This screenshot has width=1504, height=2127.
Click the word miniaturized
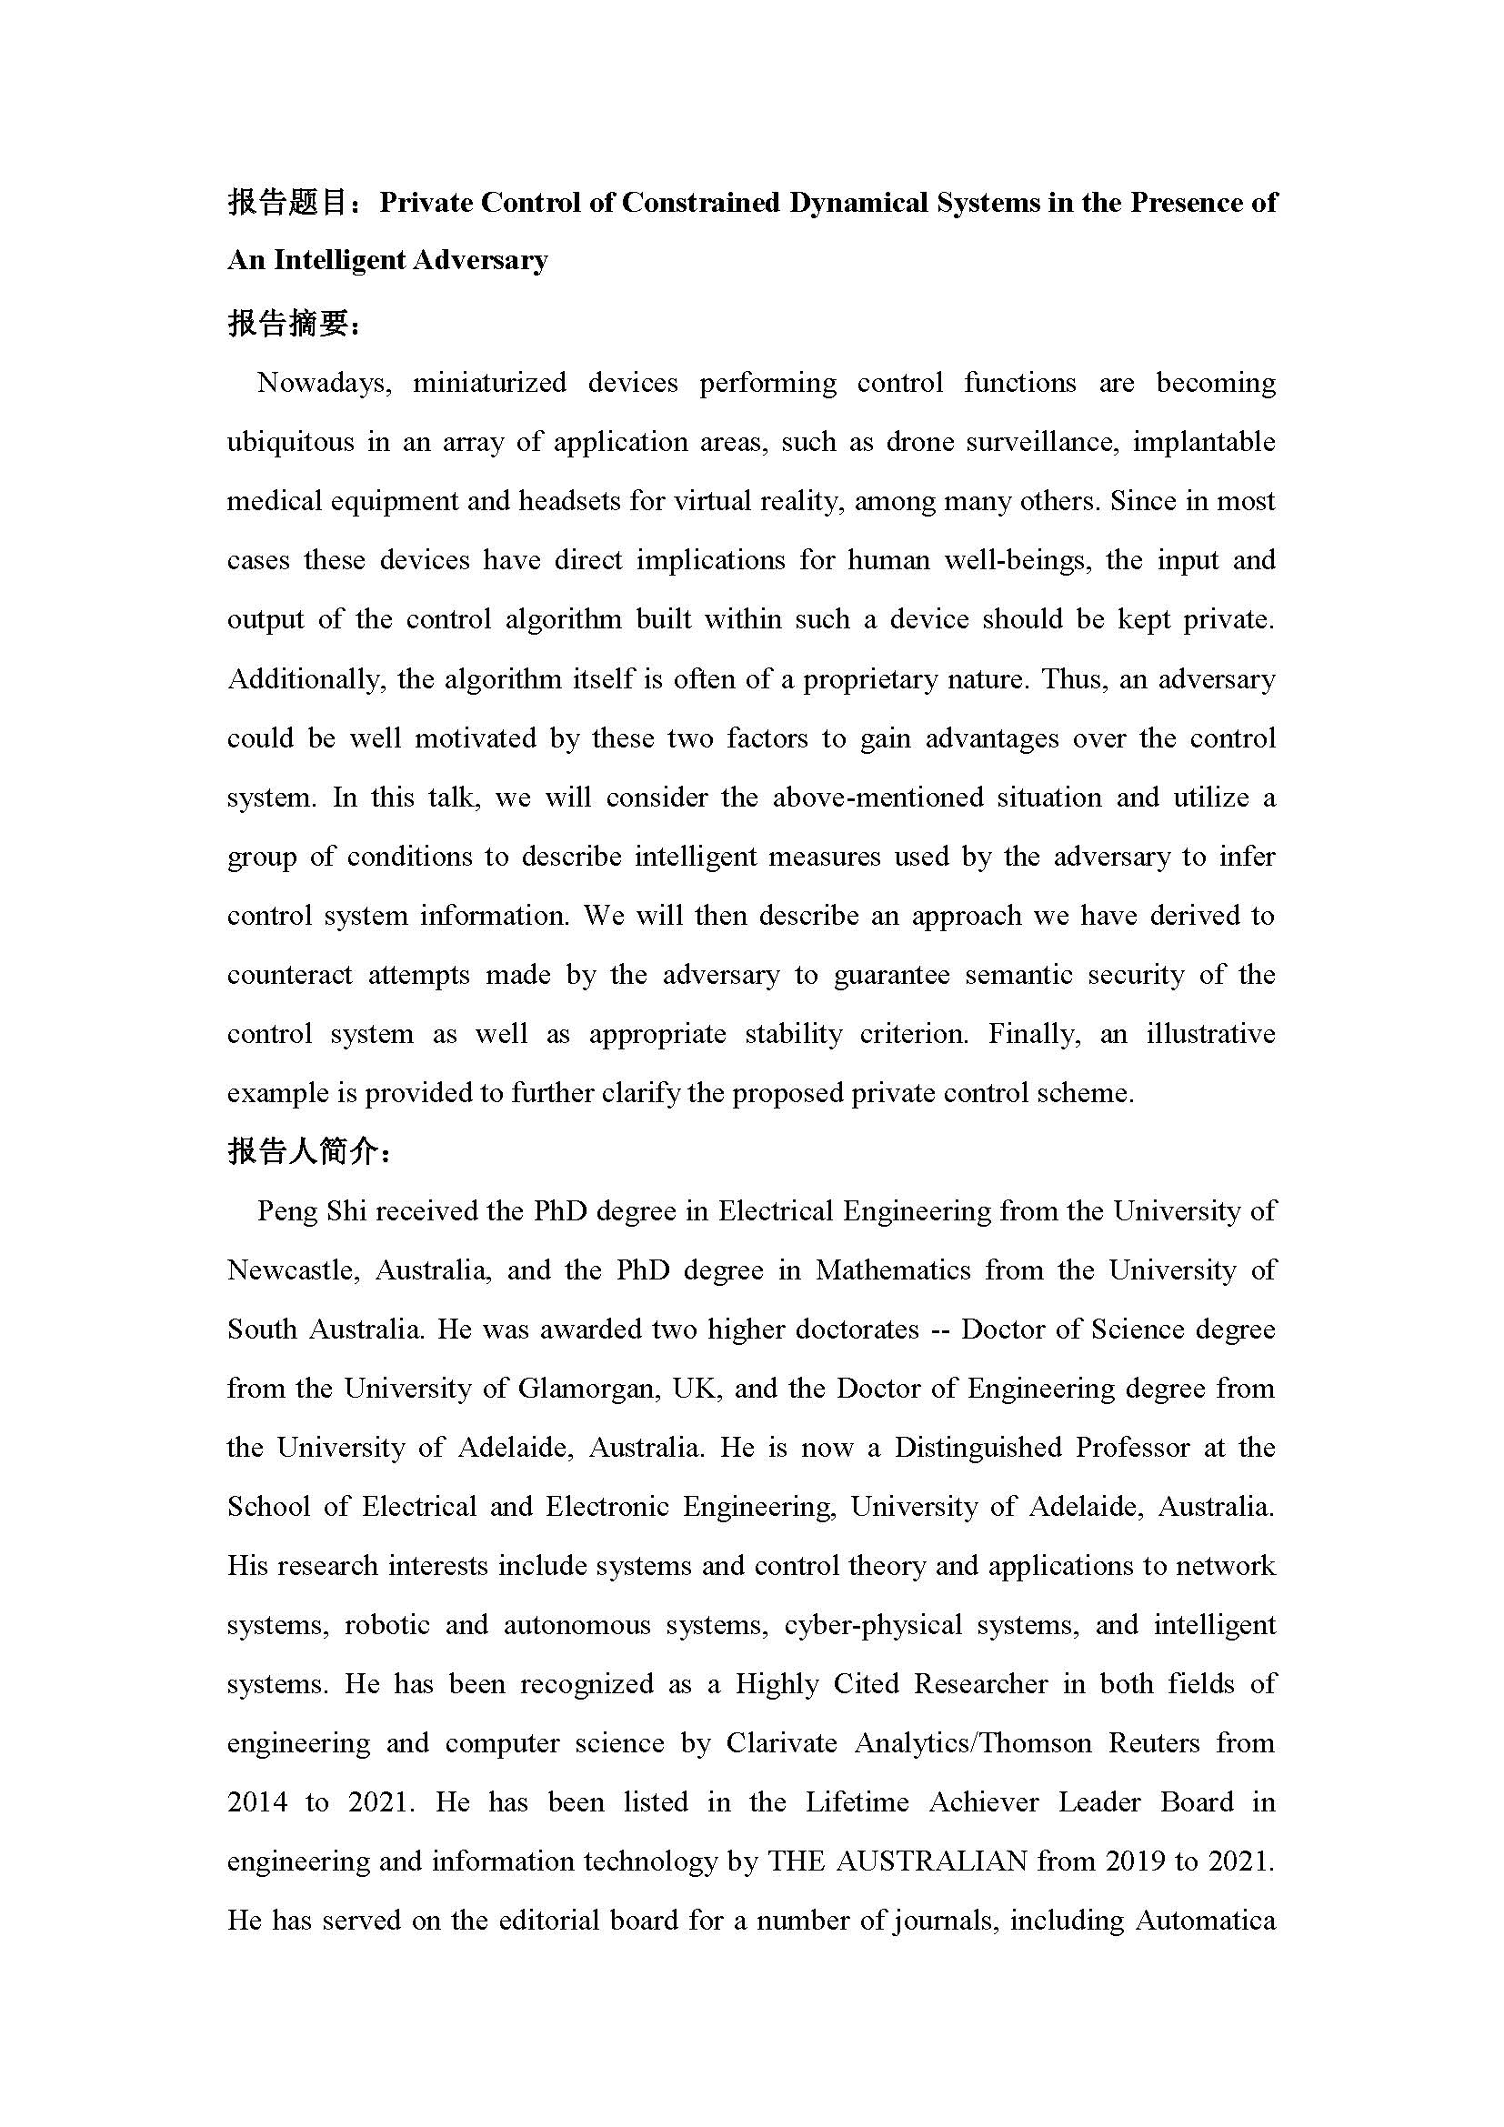(489, 383)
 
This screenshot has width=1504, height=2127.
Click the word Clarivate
(782, 1743)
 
